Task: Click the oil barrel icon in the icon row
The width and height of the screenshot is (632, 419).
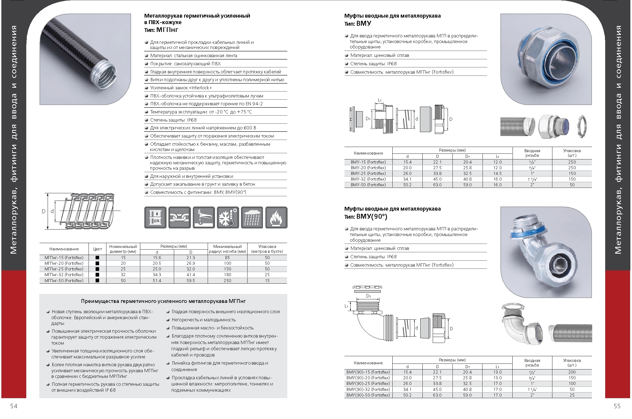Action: click(x=155, y=217)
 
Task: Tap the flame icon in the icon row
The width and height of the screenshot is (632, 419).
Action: click(x=276, y=217)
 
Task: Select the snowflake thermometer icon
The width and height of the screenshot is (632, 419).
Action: click(x=228, y=217)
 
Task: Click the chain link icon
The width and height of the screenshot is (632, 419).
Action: click(x=179, y=217)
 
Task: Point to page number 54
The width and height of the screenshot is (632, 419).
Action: click(x=14, y=406)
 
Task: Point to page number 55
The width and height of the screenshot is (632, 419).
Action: click(x=617, y=406)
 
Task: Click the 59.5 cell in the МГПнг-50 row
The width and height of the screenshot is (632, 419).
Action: click(x=191, y=281)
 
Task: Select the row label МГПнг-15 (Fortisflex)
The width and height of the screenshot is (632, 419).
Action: click(x=64, y=258)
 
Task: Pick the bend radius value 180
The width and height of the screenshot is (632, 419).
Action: click(x=227, y=275)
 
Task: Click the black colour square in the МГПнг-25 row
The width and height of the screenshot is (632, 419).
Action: click(x=97, y=269)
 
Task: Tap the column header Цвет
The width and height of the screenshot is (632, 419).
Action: click(x=97, y=249)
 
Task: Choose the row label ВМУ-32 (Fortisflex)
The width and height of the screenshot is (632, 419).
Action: click(x=368, y=179)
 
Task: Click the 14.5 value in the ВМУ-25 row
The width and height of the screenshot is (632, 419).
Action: click(x=497, y=174)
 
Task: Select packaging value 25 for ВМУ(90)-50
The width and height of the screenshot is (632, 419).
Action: click(x=572, y=395)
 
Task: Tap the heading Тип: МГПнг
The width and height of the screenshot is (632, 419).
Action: click(x=161, y=30)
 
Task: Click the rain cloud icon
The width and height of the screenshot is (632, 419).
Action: click(x=252, y=217)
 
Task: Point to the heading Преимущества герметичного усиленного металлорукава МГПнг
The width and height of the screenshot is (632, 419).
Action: click(x=163, y=301)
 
